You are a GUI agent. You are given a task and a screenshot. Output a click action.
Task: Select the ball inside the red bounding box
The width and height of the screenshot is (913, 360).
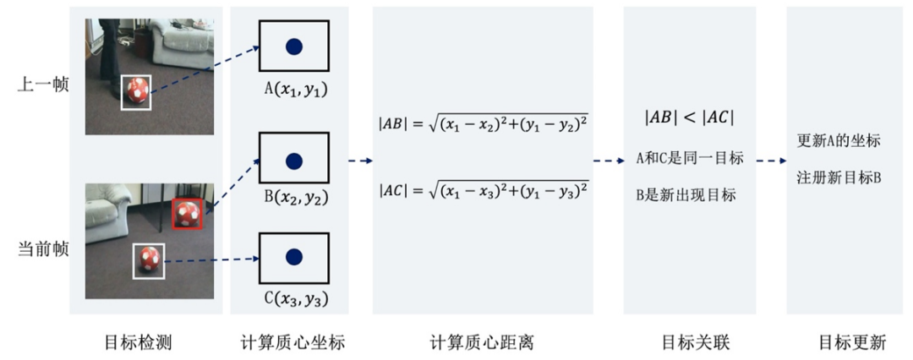[185, 213]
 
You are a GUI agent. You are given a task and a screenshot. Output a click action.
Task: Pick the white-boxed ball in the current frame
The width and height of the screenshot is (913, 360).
[149, 260]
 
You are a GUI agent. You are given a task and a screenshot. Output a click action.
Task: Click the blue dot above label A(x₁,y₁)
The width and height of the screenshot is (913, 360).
[293, 48]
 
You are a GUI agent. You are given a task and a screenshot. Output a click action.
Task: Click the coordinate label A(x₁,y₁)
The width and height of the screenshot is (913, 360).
[293, 90]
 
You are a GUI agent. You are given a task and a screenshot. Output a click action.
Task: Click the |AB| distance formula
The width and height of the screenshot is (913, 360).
[483, 124]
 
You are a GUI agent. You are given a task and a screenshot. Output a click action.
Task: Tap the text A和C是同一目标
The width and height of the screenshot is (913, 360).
[689, 158]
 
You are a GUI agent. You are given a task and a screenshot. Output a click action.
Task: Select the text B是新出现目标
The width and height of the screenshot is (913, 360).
[686, 194]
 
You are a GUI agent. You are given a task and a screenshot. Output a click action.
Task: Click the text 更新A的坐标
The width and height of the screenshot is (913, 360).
[839, 140]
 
